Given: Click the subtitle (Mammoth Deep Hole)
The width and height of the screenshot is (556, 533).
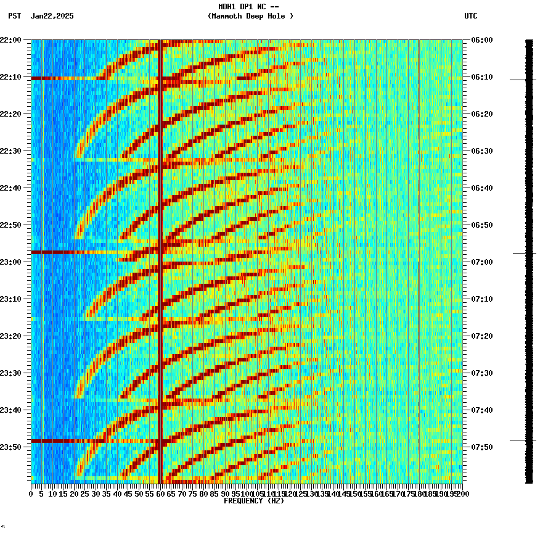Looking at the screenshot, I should [x=250, y=16].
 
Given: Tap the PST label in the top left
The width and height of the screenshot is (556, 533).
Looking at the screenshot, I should [x=14, y=16].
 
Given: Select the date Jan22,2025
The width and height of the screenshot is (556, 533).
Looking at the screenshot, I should [x=52, y=16].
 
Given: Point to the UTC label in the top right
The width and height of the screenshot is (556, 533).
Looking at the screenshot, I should [x=471, y=16].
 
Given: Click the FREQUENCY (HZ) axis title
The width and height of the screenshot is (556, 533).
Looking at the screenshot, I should [x=254, y=501].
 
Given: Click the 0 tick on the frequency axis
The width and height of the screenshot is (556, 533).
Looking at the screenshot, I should [x=31, y=494].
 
